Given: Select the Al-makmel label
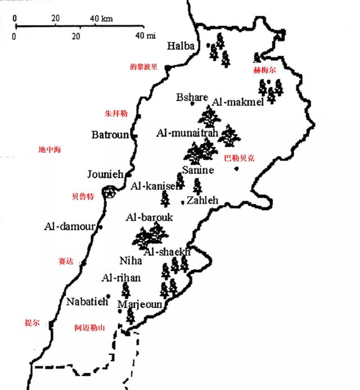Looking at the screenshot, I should pos(238,102).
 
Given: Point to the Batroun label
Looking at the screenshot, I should pos(111,135).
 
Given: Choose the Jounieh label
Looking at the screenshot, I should pos(105,174).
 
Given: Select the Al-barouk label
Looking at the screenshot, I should pos(150,217).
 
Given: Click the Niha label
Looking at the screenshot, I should pos(129,261).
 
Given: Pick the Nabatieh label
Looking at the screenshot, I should pos(87,301).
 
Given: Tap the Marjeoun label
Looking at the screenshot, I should pos(140,305).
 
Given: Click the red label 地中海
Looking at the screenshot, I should pos(49,150).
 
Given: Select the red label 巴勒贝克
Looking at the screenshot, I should pos(240,158).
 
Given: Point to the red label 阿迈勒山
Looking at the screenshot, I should pos(89,328).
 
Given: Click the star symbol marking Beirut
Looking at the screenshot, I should pos(111,193).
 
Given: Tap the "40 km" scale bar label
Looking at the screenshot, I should pos(101,19).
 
